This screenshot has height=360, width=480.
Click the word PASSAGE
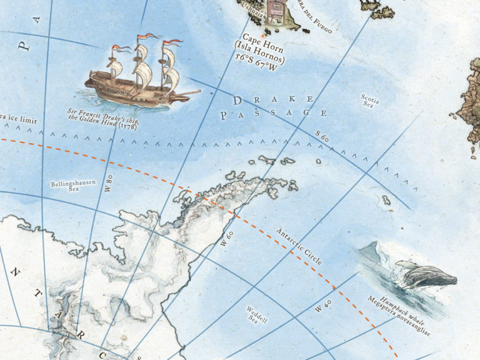click(x=274, y=114)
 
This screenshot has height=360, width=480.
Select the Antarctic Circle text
click(x=298, y=246)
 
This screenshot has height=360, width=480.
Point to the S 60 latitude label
click(x=321, y=136)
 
